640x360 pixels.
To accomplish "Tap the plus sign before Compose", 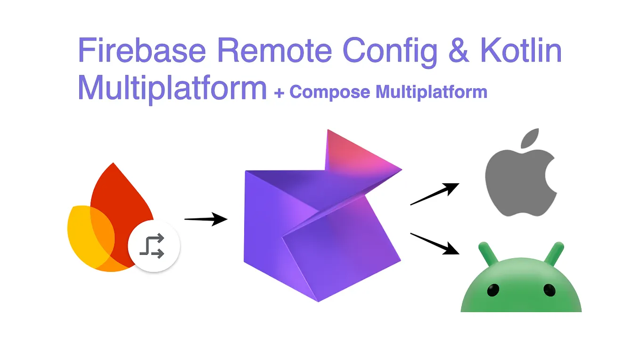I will (279, 92).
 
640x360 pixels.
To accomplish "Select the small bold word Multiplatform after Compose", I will (431, 91).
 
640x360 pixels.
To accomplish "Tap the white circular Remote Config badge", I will (154, 246).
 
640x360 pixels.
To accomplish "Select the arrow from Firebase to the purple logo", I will (205, 219).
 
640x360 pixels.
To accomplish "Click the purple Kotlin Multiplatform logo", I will (321, 217).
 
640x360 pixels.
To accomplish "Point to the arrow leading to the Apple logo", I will (434, 194).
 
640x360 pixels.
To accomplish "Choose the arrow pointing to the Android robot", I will (434, 243).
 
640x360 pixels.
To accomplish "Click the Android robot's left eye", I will (492, 290).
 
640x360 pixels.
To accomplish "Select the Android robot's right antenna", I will (554, 252).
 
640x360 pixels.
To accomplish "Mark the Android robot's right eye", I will (550, 290).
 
